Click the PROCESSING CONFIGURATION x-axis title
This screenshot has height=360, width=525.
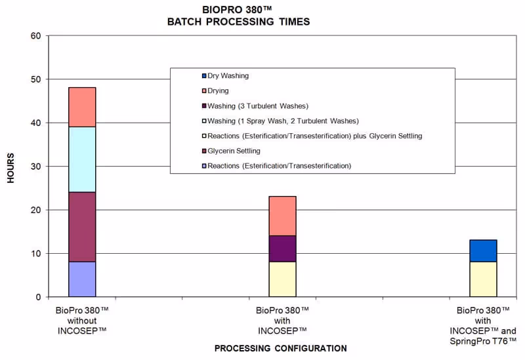pyautogui.click(x=280, y=348)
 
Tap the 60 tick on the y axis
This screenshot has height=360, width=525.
pyautogui.click(x=36, y=35)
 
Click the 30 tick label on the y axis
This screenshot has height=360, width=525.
pyautogui.click(x=36, y=167)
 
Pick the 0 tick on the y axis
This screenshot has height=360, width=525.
pyautogui.click(x=39, y=297)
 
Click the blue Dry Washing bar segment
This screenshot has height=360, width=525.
pyautogui.click(x=483, y=251)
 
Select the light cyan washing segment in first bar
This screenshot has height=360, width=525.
pyautogui.click(x=82, y=159)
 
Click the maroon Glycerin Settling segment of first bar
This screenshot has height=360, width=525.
pyautogui.click(x=82, y=227)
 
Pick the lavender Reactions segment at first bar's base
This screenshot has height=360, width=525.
pyautogui.click(x=82, y=279)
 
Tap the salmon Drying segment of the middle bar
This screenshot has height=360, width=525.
pyautogui.click(x=282, y=216)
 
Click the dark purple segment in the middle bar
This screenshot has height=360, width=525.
pyautogui.click(x=282, y=249)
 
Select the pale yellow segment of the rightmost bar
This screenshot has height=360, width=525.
pyautogui.click(x=483, y=279)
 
